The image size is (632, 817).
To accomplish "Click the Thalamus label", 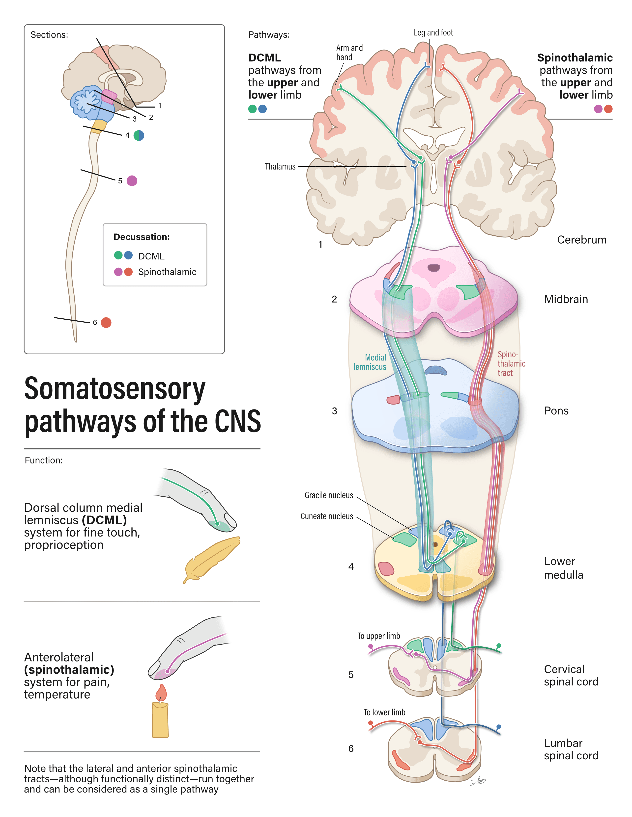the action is pyautogui.click(x=280, y=166).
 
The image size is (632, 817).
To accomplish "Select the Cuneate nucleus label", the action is pyautogui.click(x=327, y=516).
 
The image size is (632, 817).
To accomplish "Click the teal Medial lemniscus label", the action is pyautogui.click(x=370, y=362).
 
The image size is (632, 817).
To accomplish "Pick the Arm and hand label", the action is pyautogui.click(x=349, y=52).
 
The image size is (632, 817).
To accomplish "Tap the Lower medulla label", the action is pyautogui.click(x=564, y=568).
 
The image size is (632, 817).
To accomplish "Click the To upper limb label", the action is pyautogui.click(x=378, y=636).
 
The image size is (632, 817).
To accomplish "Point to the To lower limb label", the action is pyautogui.click(x=384, y=712).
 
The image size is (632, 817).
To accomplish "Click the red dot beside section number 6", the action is pyautogui.click(x=106, y=322).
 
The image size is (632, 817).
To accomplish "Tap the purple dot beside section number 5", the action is pyautogui.click(x=132, y=181).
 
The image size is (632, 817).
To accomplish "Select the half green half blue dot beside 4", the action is pyautogui.click(x=139, y=135).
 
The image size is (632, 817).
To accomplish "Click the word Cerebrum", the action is pyautogui.click(x=581, y=240).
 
